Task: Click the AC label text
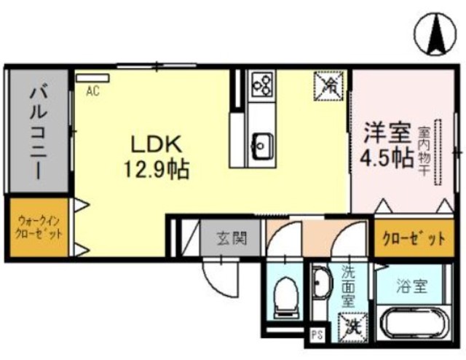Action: coord(93,91)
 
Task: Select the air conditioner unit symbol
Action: coord(93,77)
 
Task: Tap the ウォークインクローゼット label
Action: coord(39,227)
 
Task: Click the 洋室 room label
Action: coord(387,136)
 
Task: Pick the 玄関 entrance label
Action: coord(232,238)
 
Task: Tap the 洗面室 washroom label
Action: coord(348,286)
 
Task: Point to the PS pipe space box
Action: coord(317,335)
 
